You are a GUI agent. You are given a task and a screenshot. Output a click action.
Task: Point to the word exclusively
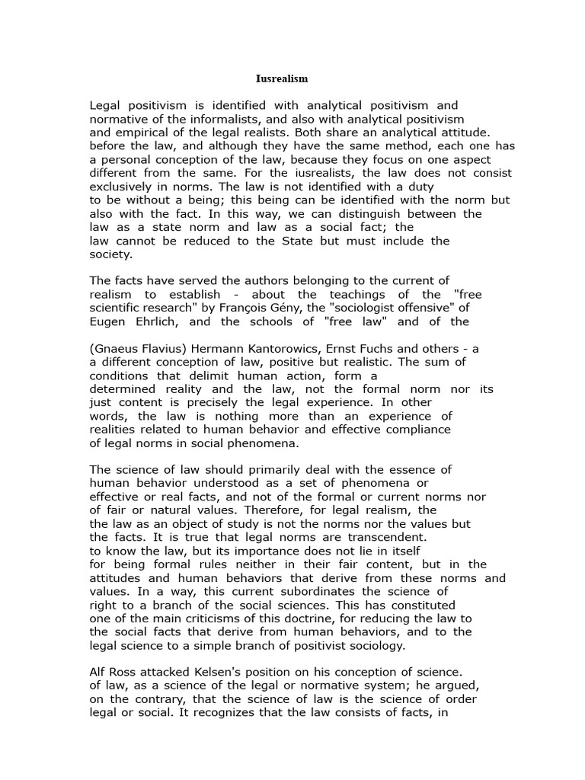tap(123, 186)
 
